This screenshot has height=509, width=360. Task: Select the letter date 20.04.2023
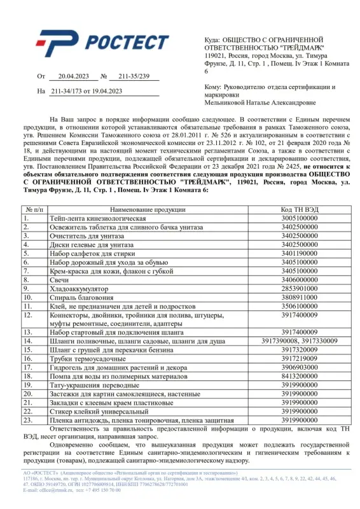coord(70,76)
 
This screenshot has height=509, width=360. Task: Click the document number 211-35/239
coord(130,76)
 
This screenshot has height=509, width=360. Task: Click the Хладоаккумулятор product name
coord(79,288)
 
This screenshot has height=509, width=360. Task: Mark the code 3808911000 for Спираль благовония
coord(299,296)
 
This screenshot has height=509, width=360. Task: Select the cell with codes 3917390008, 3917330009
coord(299,341)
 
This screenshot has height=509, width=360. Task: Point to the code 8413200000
coord(299,376)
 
